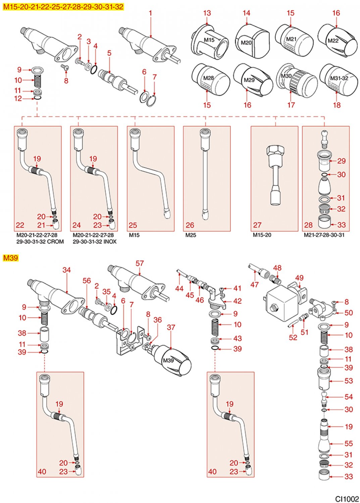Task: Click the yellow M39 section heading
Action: click(10, 258)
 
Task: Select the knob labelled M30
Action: click(297, 80)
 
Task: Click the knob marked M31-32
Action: click(339, 79)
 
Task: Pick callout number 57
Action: click(140, 264)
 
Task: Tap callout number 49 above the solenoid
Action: click(299, 278)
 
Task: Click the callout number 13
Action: click(207, 13)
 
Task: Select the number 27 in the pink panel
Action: click(257, 225)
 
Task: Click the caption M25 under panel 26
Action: click(191, 235)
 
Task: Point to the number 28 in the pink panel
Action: click(308, 225)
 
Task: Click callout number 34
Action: click(67, 270)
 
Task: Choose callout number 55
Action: click(349, 443)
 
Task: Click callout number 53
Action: click(349, 381)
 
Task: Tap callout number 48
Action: click(277, 268)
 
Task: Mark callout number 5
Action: click(109, 53)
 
